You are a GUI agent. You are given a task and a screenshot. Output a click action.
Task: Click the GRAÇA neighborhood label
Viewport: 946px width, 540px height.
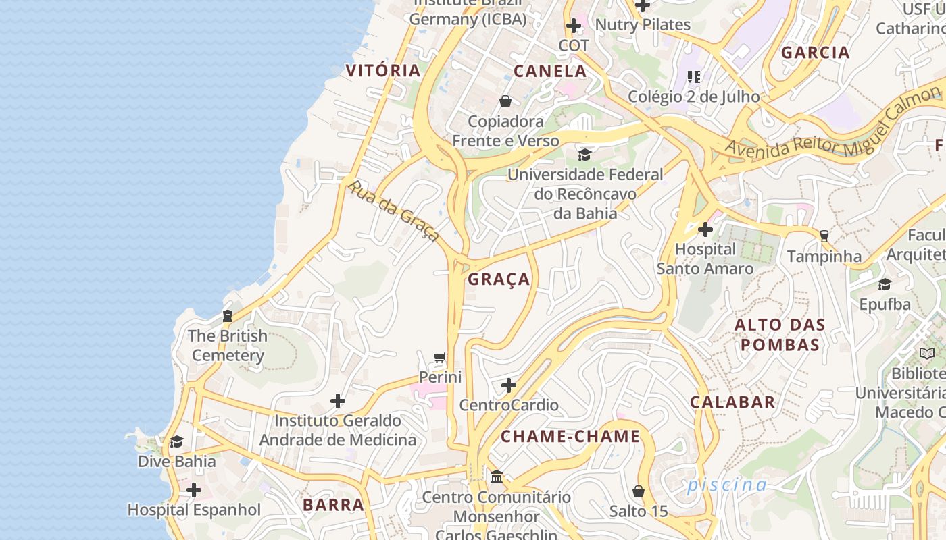tap(499, 279)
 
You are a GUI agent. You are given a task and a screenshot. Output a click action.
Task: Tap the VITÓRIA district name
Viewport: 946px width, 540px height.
tap(382, 70)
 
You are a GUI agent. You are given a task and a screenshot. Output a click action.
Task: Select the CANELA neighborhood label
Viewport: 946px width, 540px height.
tap(550, 71)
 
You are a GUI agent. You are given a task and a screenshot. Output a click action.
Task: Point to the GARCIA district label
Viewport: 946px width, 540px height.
tap(815, 53)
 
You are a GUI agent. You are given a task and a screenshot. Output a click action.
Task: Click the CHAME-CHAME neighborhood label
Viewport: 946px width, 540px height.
tap(570, 437)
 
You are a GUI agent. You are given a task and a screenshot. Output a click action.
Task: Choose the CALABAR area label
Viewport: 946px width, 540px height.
tap(732, 402)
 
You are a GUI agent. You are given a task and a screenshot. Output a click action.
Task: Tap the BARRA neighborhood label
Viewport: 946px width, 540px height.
tap(333, 505)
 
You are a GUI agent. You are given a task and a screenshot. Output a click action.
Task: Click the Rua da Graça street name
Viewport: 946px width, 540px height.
tap(393, 211)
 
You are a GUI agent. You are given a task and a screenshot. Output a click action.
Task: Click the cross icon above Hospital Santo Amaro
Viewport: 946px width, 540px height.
tap(705, 230)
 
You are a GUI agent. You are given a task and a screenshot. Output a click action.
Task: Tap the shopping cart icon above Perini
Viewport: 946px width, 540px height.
tap(440, 357)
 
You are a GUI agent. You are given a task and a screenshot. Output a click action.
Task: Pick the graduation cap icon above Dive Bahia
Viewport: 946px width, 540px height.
tap(176, 441)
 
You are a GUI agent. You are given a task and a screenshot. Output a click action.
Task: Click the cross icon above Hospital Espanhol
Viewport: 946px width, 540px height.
tap(194, 489)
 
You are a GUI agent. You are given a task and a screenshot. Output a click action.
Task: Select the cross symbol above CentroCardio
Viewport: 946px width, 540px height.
tap(509, 385)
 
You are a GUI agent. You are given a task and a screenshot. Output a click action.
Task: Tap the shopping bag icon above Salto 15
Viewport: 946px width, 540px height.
tap(639, 491)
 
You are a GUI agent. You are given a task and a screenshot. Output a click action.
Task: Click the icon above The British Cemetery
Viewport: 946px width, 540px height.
tap(227, 316)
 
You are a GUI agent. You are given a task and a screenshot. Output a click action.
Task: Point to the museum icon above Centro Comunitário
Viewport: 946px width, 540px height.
tap(497, 477)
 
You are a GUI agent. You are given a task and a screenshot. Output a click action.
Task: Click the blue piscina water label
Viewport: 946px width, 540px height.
tap(726, 485)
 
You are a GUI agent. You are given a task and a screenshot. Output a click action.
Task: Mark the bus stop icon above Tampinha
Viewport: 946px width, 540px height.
tap(824, 236)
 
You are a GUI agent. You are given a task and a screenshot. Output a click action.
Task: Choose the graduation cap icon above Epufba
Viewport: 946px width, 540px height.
tap(885, 284)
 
